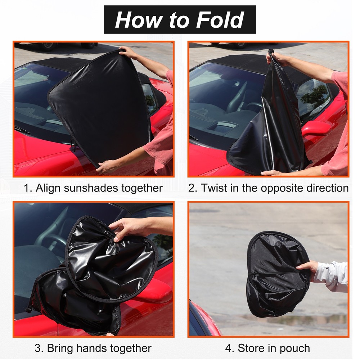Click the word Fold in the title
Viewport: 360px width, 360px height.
pyautogui.click(x=220, y=20)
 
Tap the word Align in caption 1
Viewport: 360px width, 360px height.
pyautogui.click(x=48, y=188)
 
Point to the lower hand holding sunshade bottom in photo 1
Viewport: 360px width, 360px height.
pyautogui.click(x=105, y=166)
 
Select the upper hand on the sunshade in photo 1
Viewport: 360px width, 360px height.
pyautogui.click(x=128, y=53)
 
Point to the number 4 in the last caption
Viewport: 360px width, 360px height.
pyautogui.click(x=229, y=348)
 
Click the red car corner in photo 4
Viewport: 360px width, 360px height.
pyautogui.click(x=202, y=319)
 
